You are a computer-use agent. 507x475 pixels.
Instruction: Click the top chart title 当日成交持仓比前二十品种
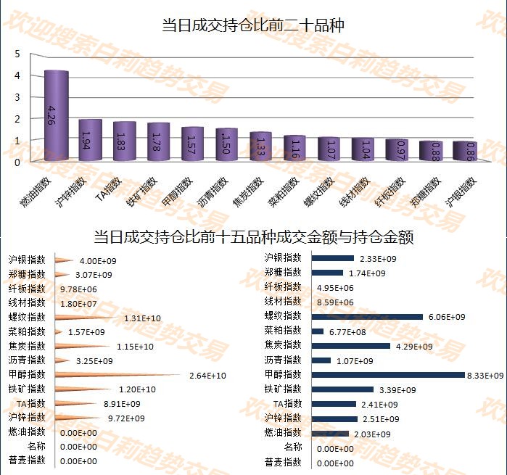coord(253,26)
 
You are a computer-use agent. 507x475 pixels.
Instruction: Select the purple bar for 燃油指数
coord(56,116)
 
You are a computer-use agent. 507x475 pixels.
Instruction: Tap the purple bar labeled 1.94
coord(90,140)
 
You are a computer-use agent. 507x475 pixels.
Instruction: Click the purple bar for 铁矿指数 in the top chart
coord(157,142)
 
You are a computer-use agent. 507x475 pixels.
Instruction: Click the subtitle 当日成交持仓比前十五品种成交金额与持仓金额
coord(253,238)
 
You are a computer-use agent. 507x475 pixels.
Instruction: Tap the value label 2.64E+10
coord(207,375)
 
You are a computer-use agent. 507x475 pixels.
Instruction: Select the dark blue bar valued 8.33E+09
coord(388,375)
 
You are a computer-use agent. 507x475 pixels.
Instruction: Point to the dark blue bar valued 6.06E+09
coord(367,317)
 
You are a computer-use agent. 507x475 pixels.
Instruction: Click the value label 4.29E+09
coord(414,347)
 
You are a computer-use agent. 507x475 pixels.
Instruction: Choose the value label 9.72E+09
coord(126,418)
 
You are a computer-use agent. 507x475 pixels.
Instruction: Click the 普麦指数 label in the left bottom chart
coord(27,460)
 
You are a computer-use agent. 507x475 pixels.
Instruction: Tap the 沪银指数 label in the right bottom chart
coord(283,258)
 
